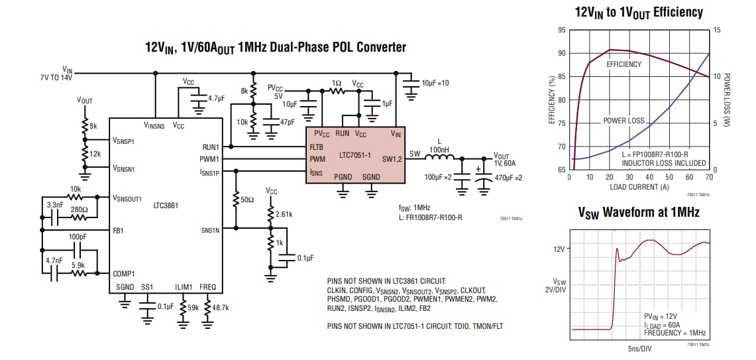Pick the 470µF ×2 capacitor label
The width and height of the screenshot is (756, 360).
click(x=509, y=178)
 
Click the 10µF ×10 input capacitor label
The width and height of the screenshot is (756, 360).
click(x=435, y=83)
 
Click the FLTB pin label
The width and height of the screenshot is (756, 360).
click(x=317, y=147)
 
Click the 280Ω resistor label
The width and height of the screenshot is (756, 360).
click(x=80, y=210)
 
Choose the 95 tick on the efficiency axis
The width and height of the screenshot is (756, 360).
click(x=562, y=30)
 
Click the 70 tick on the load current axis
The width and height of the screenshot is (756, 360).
click(x=710, y=177)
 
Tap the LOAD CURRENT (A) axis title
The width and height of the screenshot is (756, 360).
click(x=639, y=186)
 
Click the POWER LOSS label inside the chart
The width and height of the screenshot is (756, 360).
click(x=623, y=121)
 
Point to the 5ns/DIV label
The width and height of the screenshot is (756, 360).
click(x=639, y=349)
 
